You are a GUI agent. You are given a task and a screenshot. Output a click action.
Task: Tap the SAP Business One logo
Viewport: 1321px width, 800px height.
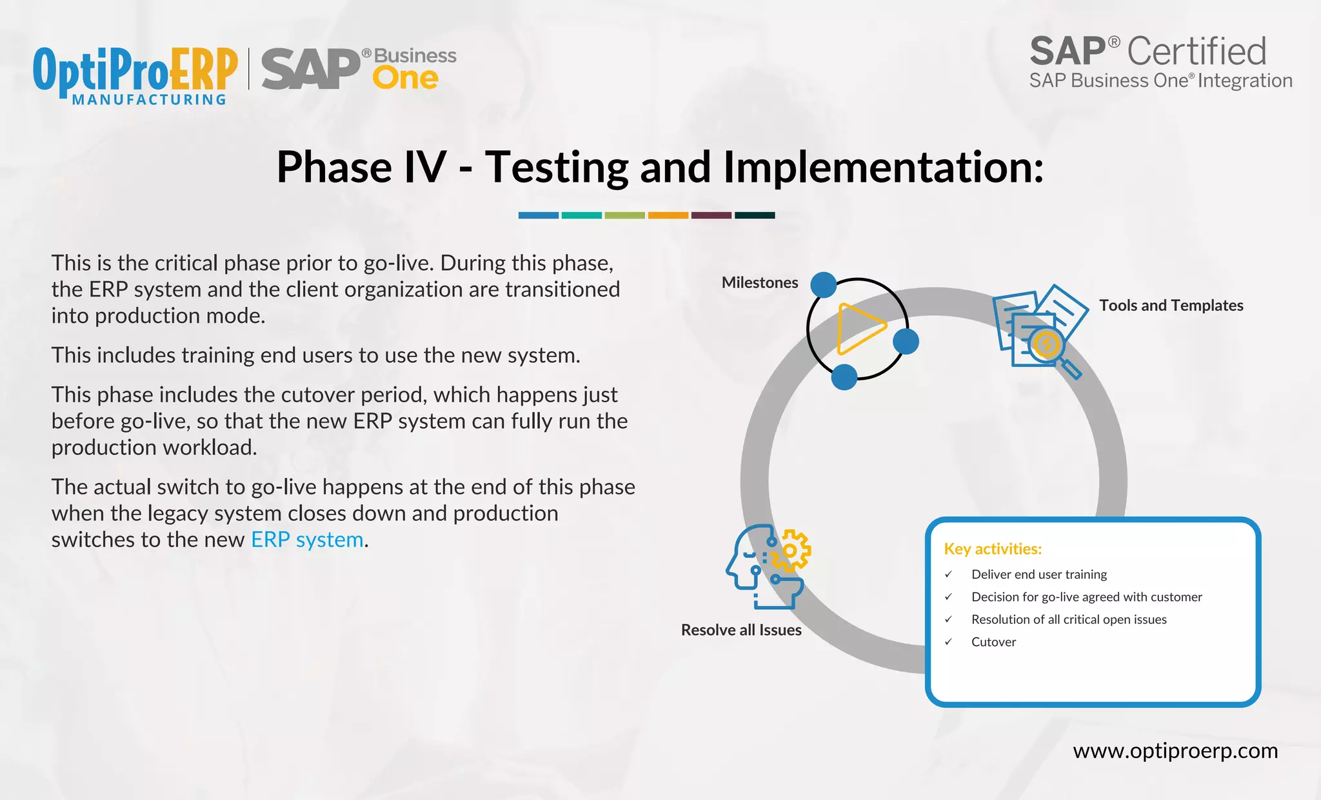click(x=359, y=69)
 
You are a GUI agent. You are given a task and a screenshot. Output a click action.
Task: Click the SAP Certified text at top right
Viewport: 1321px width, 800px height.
click(x=1148, y=52)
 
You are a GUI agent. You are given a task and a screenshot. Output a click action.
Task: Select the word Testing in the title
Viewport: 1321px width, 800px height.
click(x=556, y=167)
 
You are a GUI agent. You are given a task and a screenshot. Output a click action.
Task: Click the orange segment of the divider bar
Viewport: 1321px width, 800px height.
click(x=668, y=215)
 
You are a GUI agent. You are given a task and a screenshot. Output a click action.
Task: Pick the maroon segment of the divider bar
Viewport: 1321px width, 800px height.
click(x=711, y=215)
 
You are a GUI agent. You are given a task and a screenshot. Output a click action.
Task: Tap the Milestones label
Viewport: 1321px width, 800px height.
click(x=759, y=283)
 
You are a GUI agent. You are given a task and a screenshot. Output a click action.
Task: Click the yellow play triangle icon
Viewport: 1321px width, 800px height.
click(x=859, y=329)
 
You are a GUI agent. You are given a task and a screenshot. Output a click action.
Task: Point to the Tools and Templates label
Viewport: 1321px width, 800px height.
click(x=1171, y=306)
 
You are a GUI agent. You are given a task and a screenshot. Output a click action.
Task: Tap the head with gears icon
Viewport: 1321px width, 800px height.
click(x=768, y=566)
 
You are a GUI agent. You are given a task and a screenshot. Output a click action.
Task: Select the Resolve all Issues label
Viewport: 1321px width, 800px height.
click(x=741, y=630)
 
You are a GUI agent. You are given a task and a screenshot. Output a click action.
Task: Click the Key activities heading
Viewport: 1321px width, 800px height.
click(x=993, y=549)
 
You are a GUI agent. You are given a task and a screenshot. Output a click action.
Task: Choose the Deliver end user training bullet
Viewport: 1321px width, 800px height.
click(x=1038, y=574)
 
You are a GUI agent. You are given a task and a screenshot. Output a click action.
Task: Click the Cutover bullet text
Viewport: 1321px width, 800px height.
click(x=993, y=642)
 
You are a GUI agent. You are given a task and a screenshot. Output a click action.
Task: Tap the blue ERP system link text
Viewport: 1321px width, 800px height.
click(x=307, y=540)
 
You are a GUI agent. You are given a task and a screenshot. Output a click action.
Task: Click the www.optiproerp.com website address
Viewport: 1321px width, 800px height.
click(x=1175, y=751)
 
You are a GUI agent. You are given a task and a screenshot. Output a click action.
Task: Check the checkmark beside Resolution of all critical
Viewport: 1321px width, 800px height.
click(x=948, y=620)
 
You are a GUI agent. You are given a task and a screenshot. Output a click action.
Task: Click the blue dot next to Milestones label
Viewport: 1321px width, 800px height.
click(x=823, y=285)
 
